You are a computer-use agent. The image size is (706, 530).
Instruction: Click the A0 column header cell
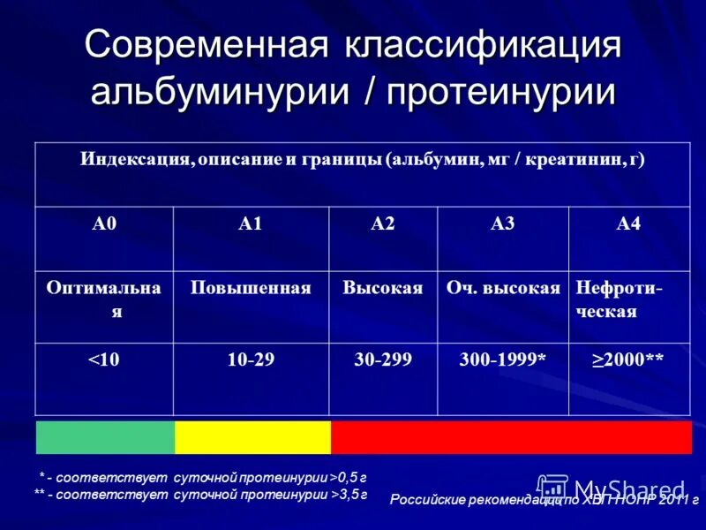104,224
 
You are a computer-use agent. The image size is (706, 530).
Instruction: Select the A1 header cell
251,224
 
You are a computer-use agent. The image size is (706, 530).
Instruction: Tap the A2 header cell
383,224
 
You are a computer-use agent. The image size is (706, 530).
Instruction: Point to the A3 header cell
502,224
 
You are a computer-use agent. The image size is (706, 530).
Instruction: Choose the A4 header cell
627,224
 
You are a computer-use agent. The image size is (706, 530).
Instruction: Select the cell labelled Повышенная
251,289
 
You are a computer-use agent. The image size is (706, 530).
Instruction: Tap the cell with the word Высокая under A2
383,289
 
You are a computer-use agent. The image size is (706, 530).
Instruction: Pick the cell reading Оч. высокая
503,289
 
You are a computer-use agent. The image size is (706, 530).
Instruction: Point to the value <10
104,360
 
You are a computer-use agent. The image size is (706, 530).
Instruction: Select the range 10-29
251,360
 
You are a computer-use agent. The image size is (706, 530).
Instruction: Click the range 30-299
383,360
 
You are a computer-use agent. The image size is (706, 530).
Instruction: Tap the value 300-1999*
503,360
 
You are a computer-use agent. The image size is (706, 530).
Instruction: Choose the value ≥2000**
627,360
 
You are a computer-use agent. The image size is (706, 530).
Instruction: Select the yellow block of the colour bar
252,437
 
